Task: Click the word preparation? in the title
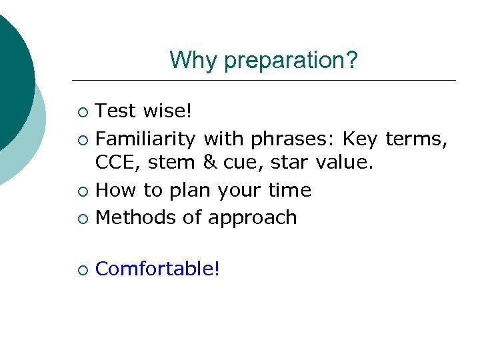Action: point(291,61)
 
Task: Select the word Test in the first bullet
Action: point(115,111)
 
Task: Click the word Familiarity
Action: point(145,139)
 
